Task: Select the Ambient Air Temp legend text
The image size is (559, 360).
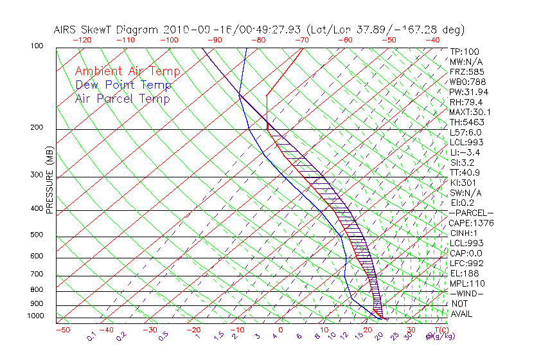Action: click(127, 72)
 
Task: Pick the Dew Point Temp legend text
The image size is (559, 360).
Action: click(123, 85)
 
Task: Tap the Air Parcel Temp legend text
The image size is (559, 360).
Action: click(122, 99)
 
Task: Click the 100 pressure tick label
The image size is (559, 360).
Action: click(37, 46)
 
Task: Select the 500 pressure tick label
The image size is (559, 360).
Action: click(37, 235)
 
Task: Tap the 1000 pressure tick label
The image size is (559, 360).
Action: click(35, 316)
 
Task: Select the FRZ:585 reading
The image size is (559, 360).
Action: click(466, 72)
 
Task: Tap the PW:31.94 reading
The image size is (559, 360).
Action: click(469, 92)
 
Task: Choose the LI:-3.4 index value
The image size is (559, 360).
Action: click(465, 152)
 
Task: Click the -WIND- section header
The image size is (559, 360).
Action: click(467, 293)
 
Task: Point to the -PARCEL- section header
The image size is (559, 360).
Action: click(471, 213)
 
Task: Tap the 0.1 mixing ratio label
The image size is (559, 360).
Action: click(91, 335)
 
